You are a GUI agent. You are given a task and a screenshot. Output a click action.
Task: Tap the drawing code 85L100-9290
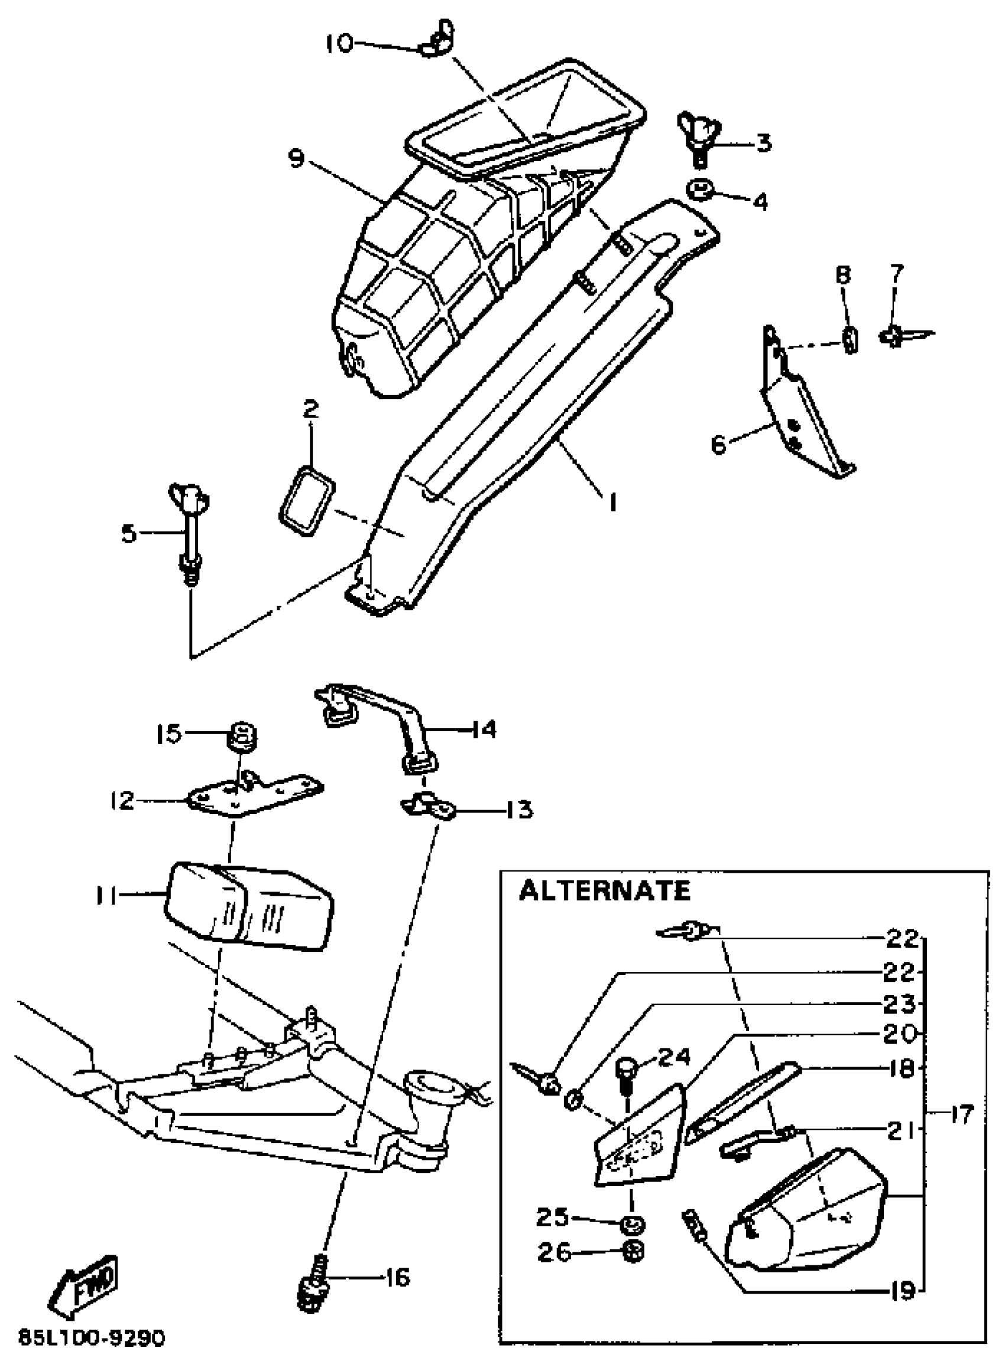91,1339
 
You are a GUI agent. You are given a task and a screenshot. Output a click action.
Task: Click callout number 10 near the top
338,43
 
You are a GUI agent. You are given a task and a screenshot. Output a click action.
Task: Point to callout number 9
296,160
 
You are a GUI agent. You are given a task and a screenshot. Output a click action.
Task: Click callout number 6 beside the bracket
718,445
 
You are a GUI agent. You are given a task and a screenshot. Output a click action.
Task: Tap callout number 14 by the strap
484,729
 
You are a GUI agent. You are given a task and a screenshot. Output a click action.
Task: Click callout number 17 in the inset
961,1115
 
